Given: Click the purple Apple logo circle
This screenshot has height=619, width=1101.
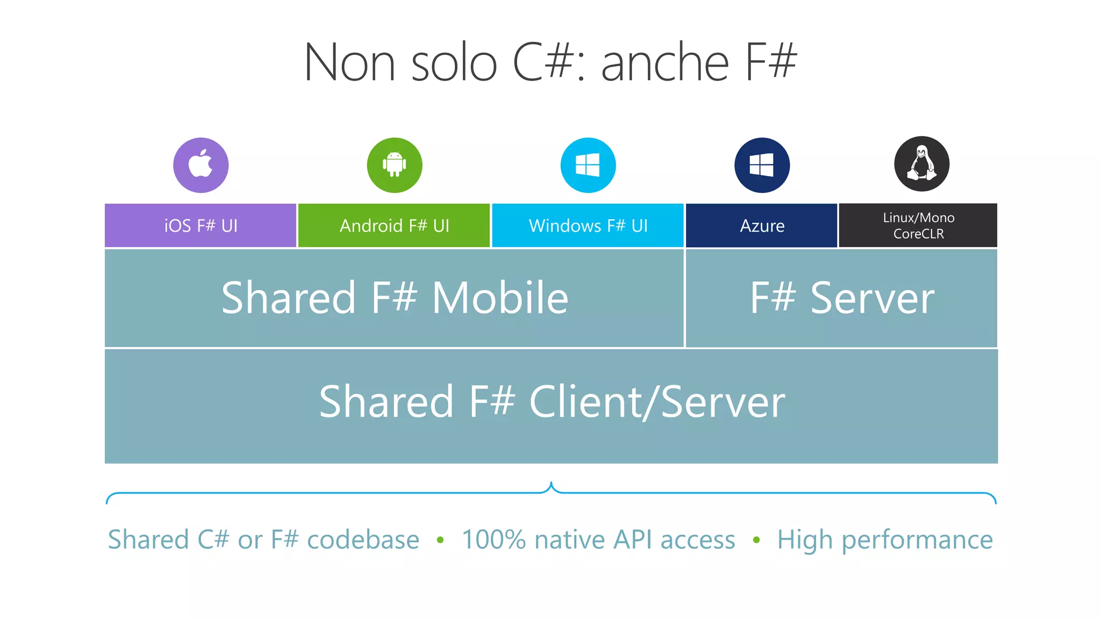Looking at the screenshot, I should tap(201, 165).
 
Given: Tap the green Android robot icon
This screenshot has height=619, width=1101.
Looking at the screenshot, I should tap(394, 165).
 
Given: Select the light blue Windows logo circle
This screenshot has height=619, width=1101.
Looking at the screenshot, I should tap(588, 165).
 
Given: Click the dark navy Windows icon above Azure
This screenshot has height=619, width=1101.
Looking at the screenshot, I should tap(762, 165).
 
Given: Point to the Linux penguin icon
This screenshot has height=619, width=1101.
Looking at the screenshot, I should tap(921, 164).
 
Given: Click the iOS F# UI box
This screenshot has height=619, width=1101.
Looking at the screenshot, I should tap(201, 226).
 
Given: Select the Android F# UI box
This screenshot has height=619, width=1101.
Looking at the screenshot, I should tap(394, 226).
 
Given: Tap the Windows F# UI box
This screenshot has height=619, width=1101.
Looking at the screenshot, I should tap(588, 226).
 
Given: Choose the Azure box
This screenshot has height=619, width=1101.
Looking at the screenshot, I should tap(762, 226).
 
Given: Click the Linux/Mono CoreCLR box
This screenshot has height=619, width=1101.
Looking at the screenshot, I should tap(918, 226).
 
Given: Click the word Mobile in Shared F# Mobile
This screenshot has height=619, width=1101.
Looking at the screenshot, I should tap(500, 298).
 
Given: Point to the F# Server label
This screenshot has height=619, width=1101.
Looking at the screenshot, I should tap(842, 298).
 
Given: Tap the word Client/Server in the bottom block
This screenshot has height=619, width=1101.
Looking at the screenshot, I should tap(657, 402).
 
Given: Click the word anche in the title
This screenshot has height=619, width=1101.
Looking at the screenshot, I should tap(664, 63).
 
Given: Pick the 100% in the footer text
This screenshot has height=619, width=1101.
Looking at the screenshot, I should tap(494, 539).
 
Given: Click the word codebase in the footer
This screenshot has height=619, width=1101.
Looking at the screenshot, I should tap(363, 539).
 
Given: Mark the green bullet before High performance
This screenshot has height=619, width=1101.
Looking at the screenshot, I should tap(756, 540).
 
